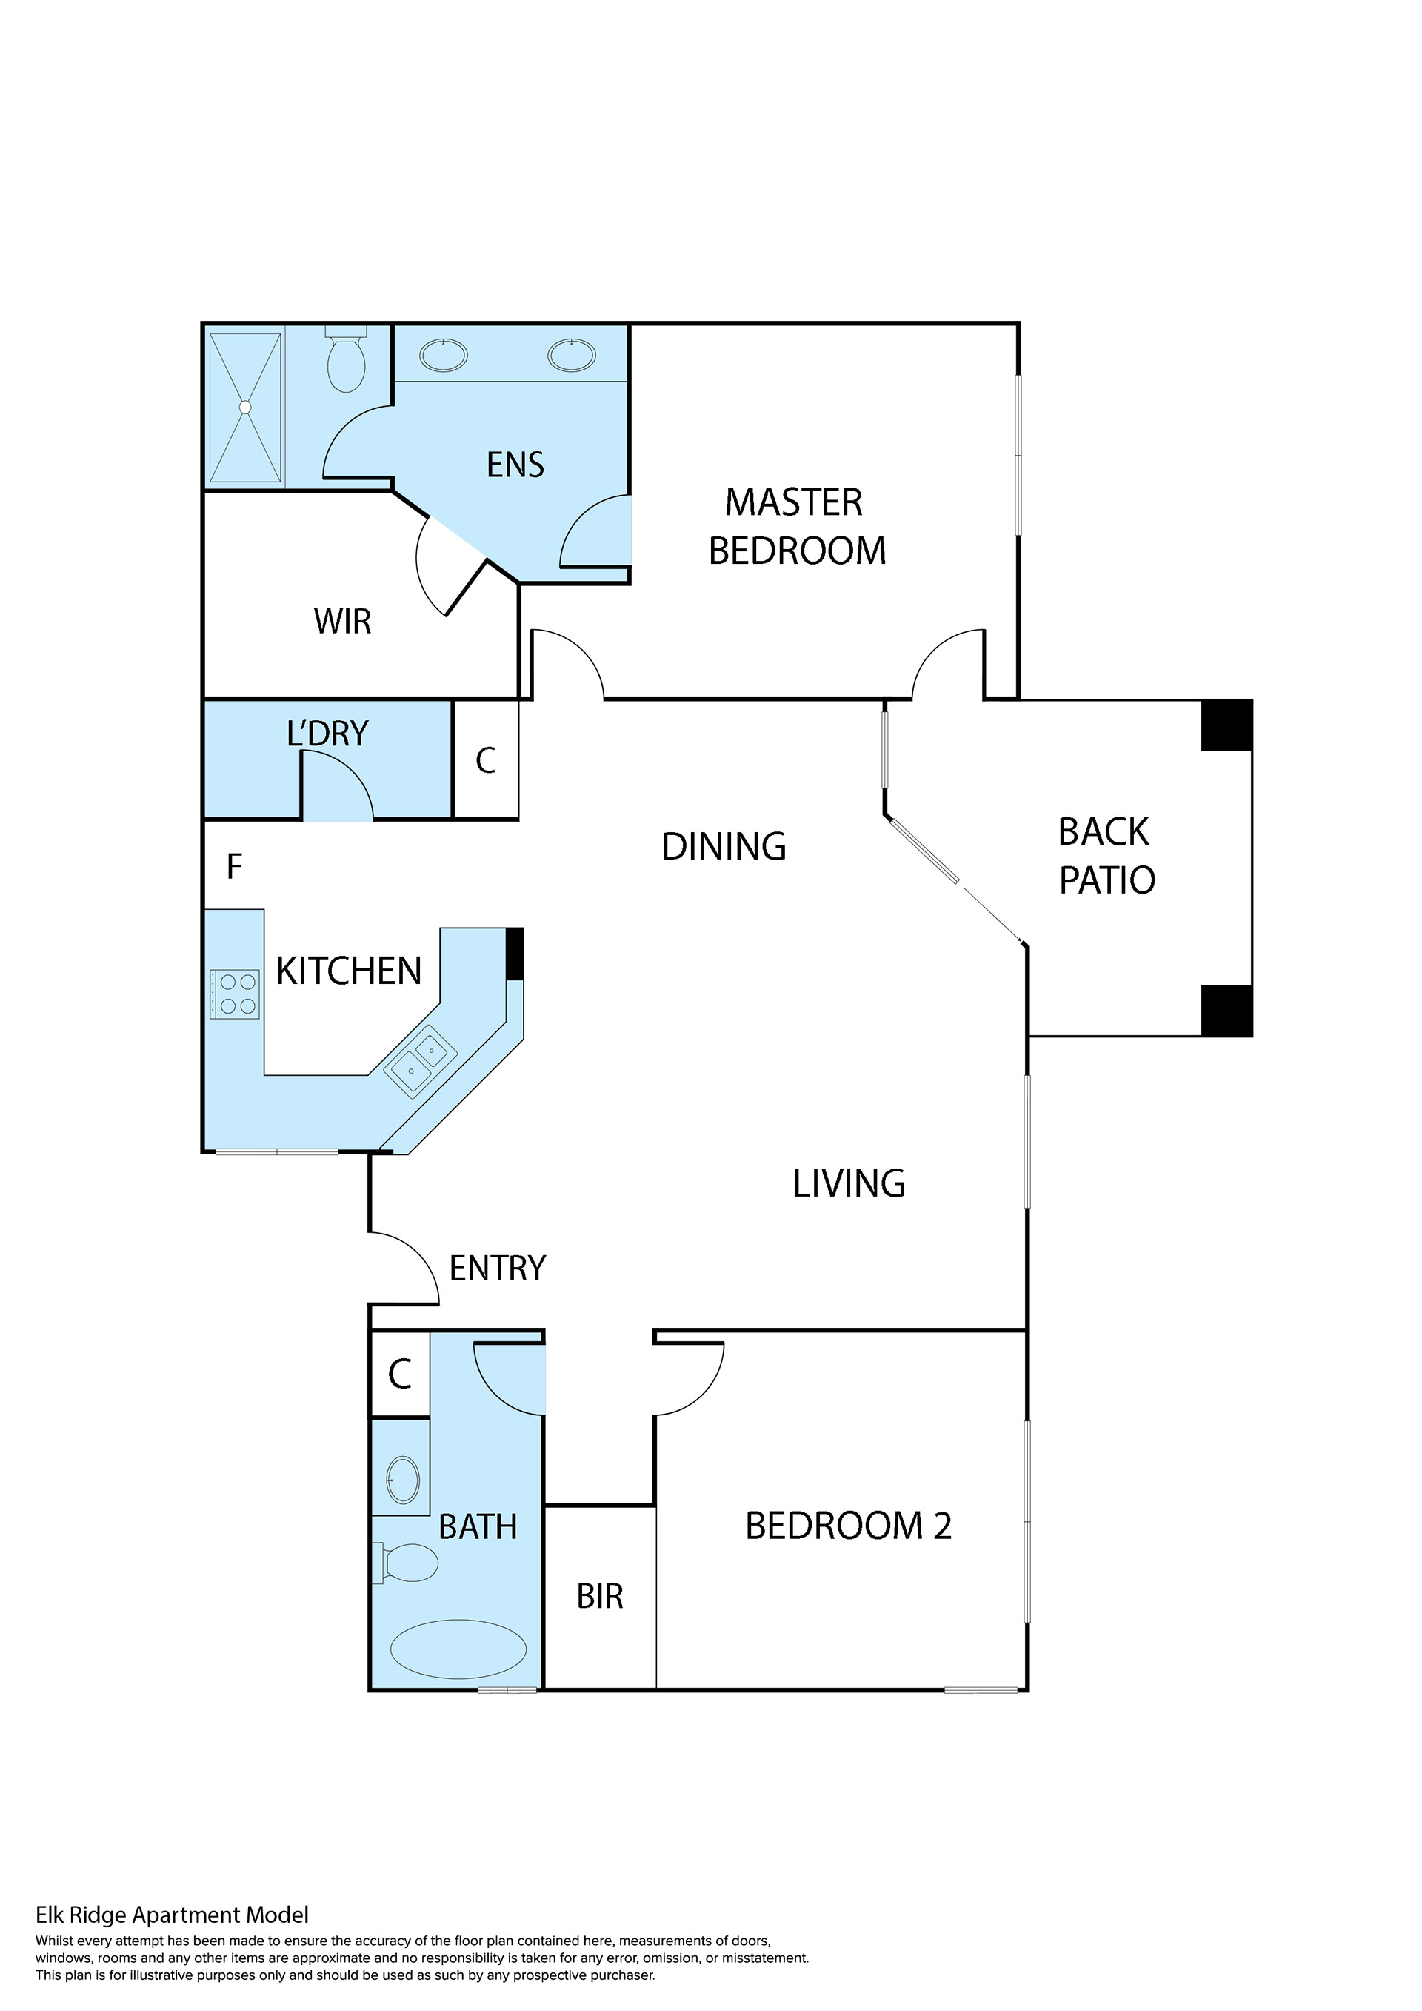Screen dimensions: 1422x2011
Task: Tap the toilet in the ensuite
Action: point(346,360)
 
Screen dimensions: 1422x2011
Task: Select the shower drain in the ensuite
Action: point(245,408)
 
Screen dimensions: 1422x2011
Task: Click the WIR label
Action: point(342,621)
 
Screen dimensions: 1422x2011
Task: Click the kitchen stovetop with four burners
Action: point(236,994)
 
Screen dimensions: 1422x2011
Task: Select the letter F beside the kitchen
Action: point(234,866)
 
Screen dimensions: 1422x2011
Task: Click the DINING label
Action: point(724,847)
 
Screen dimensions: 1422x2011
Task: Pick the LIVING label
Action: point(849,1183)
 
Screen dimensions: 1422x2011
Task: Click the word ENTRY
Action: point(498,1269)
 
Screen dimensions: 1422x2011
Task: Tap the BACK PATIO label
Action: point(1106,856)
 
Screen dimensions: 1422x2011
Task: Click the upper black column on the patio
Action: point(1226,725)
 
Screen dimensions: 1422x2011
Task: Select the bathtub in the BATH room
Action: point(458,1649)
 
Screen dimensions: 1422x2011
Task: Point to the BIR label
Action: point(600,1597)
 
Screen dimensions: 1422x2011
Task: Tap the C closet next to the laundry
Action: point(486,760)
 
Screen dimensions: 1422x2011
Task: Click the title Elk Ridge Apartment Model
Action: point(172,1915)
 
